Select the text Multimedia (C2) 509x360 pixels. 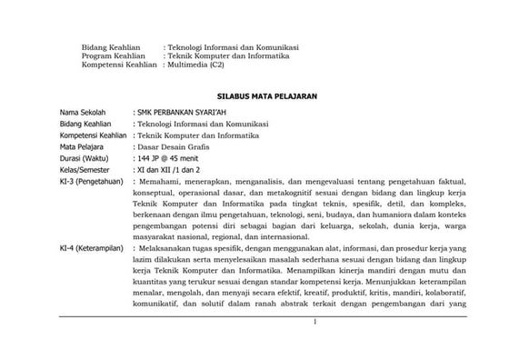(195, 65)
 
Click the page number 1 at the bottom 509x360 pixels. (312, 322)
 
